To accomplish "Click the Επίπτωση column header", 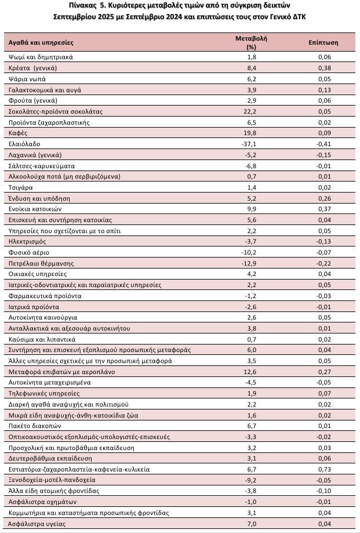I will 324,42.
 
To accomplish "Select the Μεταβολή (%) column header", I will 251,42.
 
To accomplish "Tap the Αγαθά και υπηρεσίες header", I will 41,42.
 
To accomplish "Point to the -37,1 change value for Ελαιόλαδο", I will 251,144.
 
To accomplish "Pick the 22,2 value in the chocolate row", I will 251,111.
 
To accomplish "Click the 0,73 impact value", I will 324,469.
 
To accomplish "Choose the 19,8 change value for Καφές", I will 251,133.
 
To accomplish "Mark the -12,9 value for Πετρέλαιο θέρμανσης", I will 251,263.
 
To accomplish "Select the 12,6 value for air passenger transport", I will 251,371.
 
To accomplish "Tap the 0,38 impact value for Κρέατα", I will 324,68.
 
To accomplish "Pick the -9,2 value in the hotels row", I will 251,480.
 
